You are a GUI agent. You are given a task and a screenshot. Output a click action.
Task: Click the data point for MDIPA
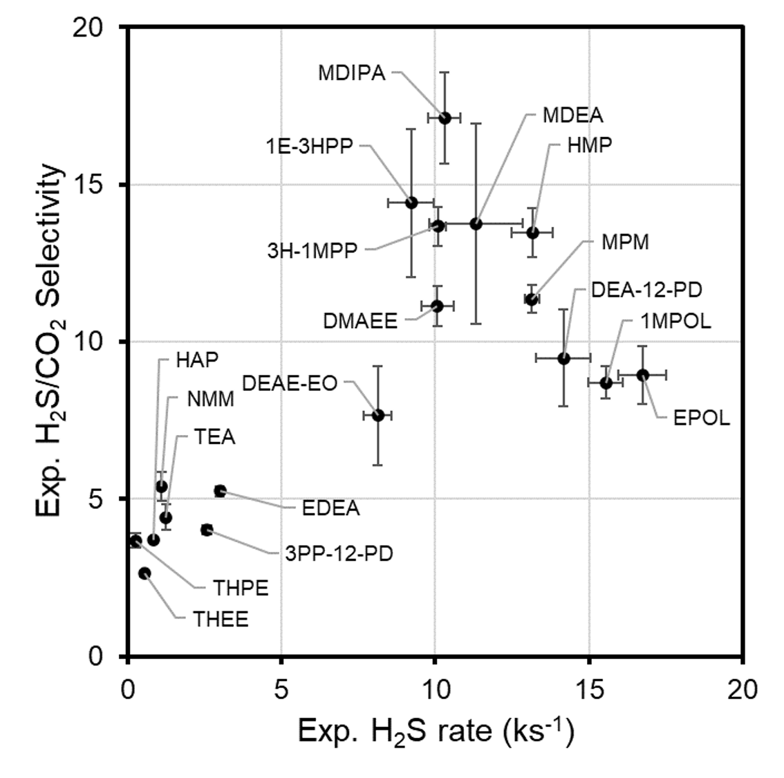[445, 118]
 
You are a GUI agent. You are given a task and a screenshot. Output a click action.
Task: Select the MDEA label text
[572, 115]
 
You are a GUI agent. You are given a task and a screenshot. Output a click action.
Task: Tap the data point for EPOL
[642, 375]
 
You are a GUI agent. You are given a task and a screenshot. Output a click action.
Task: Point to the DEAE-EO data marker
[377, 415]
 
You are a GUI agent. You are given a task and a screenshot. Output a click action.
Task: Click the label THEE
[221, 619]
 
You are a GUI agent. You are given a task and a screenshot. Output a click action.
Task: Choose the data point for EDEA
[220, 491]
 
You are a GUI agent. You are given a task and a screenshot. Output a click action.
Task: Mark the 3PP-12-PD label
[338, 553]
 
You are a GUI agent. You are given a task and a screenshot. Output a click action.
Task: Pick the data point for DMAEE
[436, 306]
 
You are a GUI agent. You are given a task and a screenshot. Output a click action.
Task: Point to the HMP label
[589, 145]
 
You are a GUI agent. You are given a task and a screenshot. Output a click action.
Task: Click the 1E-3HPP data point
[411, 203]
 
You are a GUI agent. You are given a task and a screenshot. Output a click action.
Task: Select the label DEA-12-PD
[641, 290]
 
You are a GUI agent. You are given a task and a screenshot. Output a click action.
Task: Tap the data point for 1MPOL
[606, 382]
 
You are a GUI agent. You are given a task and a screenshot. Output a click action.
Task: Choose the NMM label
[210, 399]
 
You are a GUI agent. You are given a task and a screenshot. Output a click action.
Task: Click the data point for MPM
[531, 299]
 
